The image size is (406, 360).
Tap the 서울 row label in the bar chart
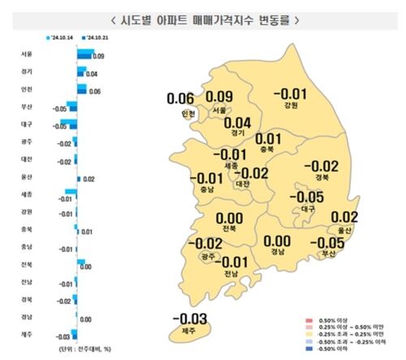pyautogui.click(x=27, y=54)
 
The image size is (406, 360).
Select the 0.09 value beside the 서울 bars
pyautogui.click(x=98, y=56)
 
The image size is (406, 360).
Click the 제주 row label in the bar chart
pyautogui.click(x=27, y=334)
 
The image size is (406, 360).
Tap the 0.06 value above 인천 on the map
pyautogui.click(x=180, y=99)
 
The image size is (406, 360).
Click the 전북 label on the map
pyautogui.click(x=229, y=228)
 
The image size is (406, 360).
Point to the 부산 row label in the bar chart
pyautogui.click(x=27, y=106)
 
